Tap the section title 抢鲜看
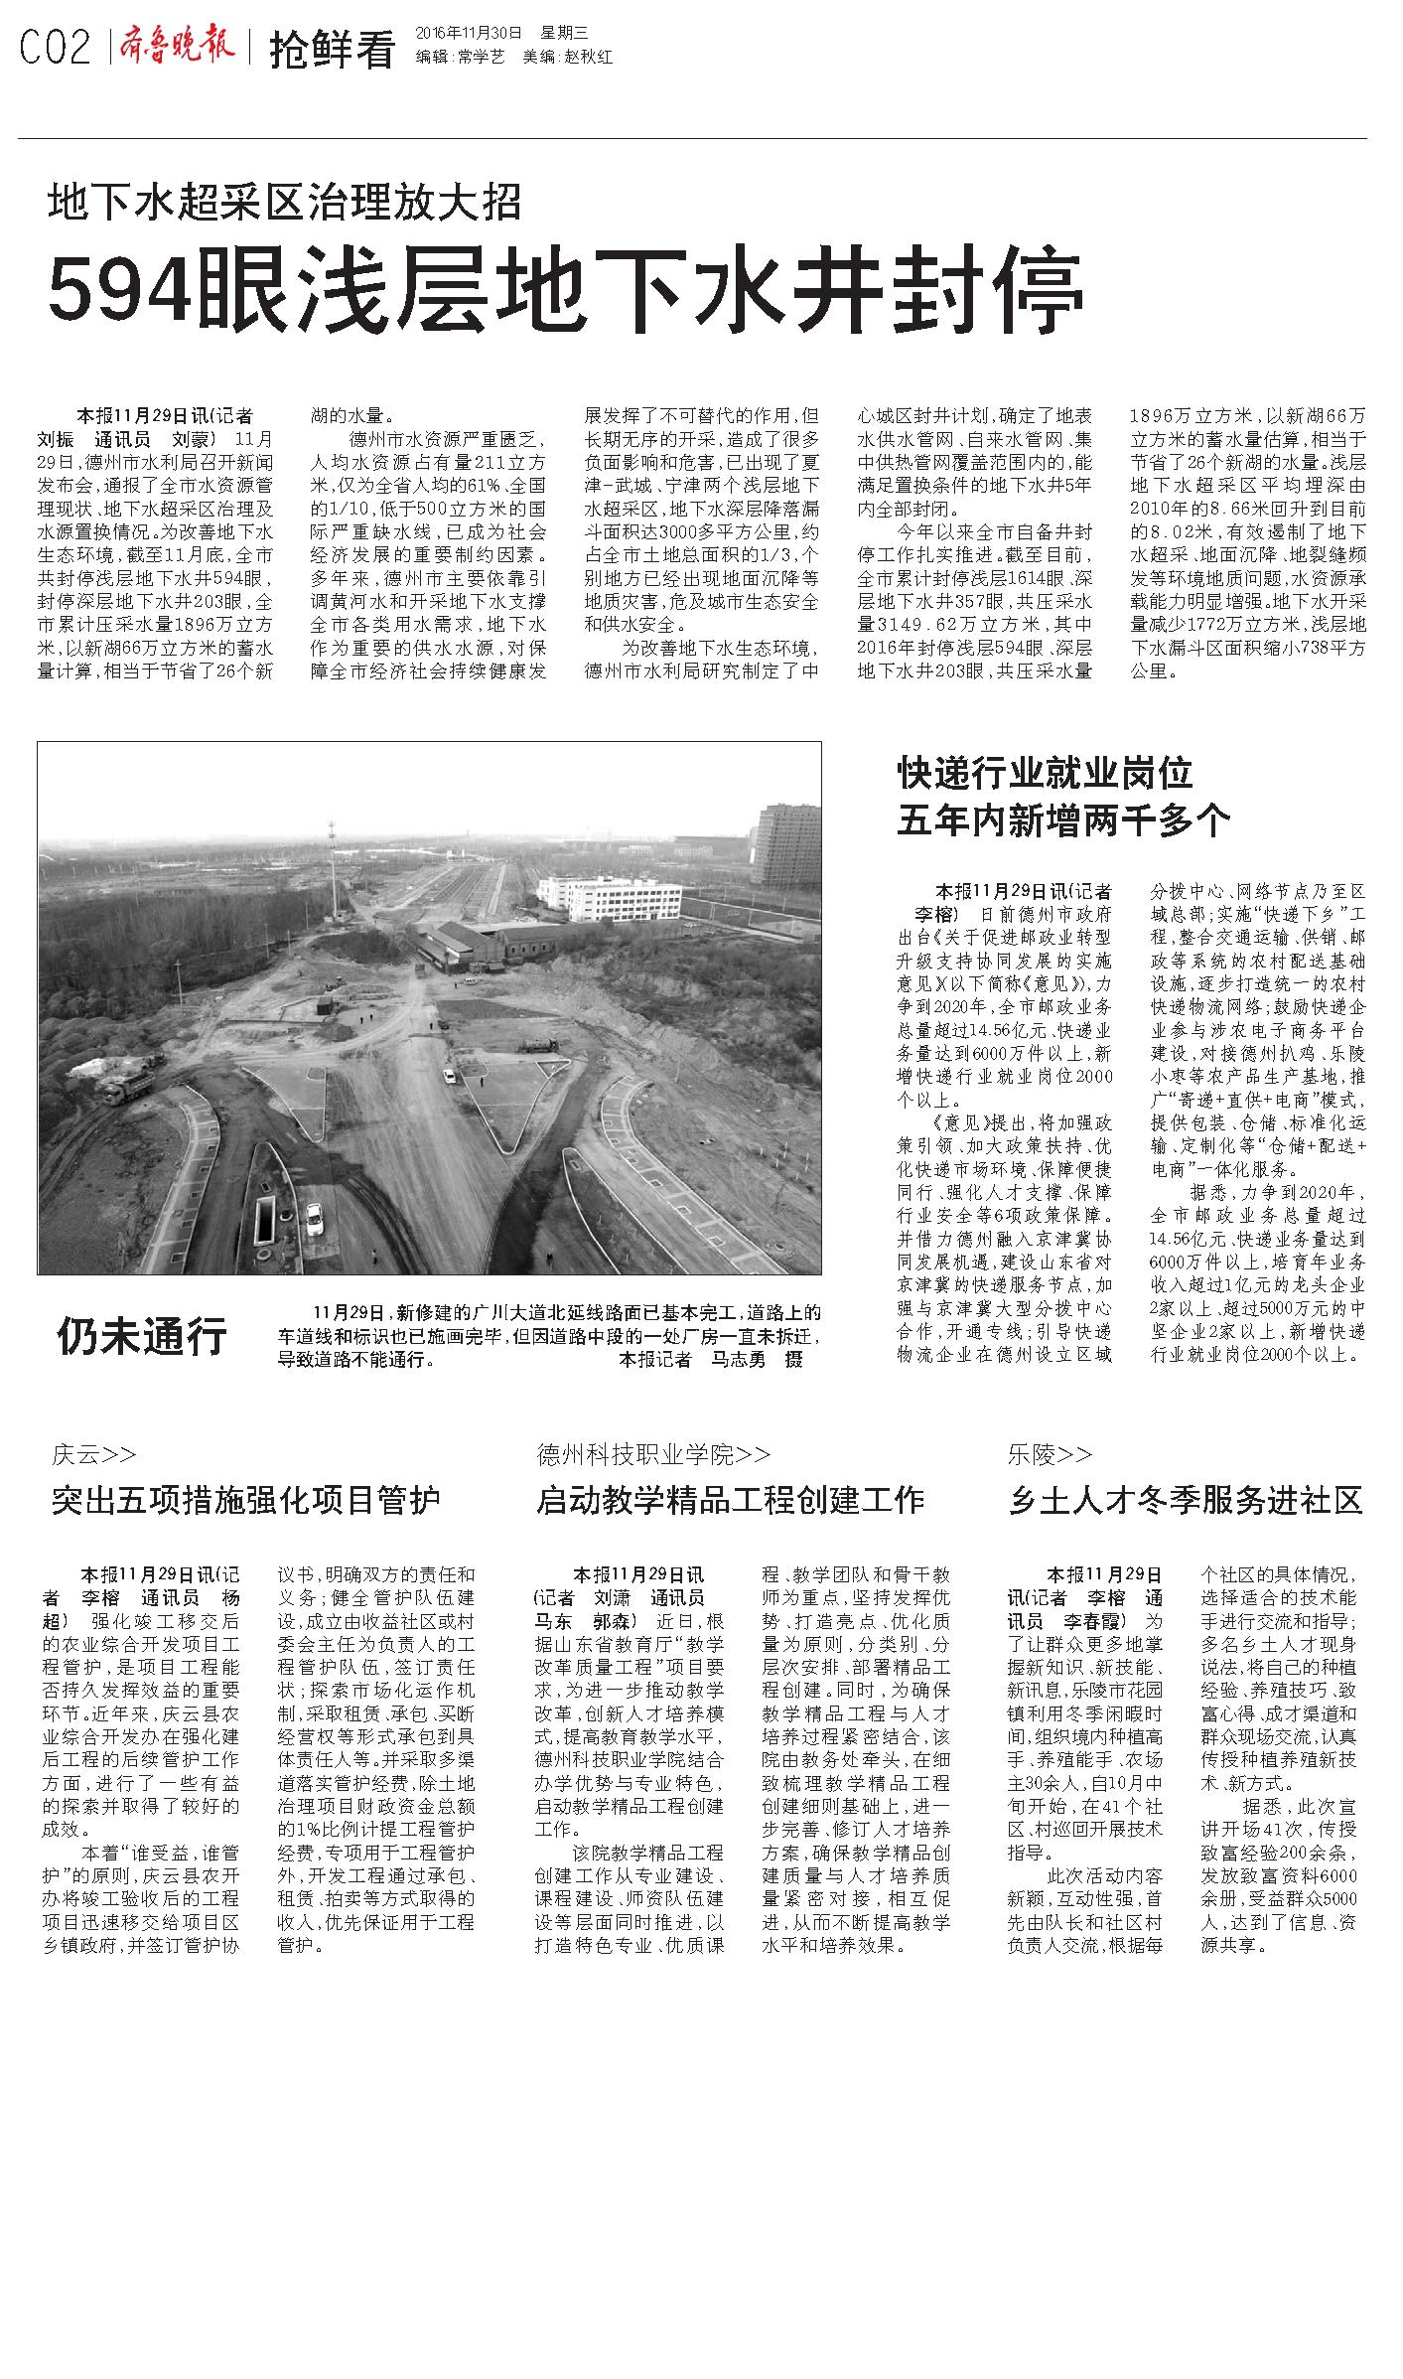332,50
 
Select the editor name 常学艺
481,58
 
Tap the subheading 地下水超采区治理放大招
284,203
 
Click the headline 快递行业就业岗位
1045,772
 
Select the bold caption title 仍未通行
142,1336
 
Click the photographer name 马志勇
739,1360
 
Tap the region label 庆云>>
93,1454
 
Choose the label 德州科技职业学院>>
653,1454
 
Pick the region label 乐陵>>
1050,1454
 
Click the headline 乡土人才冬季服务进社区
1185,1500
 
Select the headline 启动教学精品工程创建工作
730,1500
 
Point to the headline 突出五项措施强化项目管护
245,1500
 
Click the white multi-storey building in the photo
609,897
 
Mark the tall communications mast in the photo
334,864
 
